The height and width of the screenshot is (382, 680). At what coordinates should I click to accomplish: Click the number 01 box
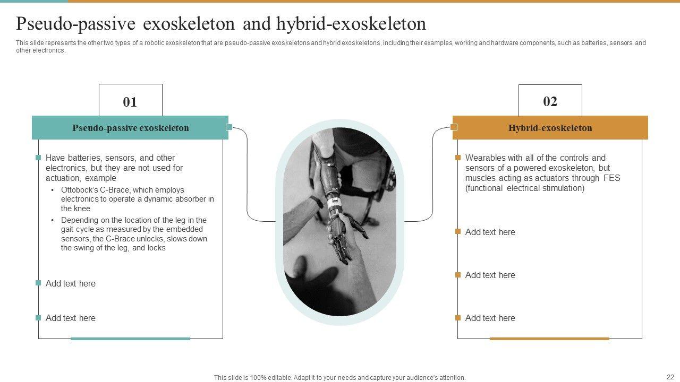tap(131, 100)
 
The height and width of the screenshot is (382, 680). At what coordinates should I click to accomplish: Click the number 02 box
tap(550, 100)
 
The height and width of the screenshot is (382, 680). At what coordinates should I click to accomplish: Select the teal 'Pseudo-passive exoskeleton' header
tap(130, 128)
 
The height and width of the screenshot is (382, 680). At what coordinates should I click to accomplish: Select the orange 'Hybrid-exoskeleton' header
tap(550, 128)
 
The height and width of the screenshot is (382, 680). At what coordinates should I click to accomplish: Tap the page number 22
tap(670, 377)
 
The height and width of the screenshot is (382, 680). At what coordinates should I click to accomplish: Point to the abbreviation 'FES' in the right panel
tap(611, 178)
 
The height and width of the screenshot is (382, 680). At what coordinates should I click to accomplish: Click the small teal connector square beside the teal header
tap(229, 127)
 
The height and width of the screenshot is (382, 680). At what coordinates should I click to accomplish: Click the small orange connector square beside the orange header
tap(454, 127)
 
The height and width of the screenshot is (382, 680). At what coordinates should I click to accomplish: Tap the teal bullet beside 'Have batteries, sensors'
tap(38, 158)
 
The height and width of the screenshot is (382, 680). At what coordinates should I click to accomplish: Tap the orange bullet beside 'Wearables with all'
tap(458, 158)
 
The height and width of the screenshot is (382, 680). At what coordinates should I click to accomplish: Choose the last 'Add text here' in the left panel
tap(71, 318)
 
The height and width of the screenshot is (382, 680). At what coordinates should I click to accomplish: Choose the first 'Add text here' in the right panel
tap(490, 232)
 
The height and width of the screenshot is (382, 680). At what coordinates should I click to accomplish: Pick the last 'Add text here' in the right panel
tap(490, 318)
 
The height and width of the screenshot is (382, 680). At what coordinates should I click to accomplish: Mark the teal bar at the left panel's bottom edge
tap(130, 338)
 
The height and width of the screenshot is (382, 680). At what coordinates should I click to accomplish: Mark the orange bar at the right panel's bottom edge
tap(549, 338)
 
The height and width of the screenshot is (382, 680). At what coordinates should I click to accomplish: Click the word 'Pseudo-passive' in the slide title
tap(75, 24)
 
